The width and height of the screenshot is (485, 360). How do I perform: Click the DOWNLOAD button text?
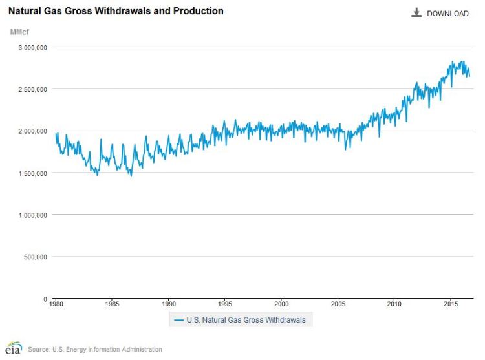tap(447, 14)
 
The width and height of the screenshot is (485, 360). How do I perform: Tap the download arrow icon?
tap(416, 13)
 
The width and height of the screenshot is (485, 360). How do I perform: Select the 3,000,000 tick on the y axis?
tap(30, 47)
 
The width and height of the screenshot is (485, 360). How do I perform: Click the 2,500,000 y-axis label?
tap(30, 89)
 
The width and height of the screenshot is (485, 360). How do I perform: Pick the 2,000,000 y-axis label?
tap(30, 131)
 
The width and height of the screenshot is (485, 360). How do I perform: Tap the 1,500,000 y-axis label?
tap(30, 173)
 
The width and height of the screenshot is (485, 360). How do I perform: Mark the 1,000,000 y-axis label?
tap(30, 215)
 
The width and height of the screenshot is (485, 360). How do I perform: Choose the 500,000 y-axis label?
tap(34, 257)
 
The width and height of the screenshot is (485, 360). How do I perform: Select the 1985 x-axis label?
tap(112, 304)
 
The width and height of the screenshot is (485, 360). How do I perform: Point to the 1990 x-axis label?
tap(169, 304)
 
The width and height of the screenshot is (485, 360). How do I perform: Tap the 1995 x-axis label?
tap(225, 304)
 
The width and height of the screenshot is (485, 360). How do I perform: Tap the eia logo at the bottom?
tap(13, 348)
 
